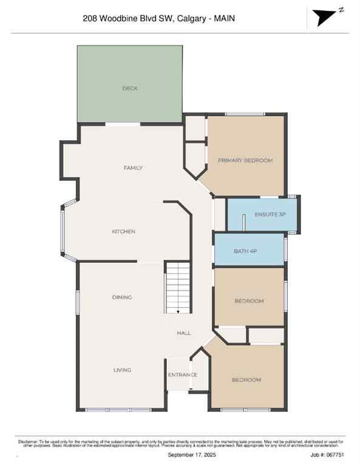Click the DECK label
130,89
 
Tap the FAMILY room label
133,168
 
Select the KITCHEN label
123,232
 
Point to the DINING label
122,297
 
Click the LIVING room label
122,370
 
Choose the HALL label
184,333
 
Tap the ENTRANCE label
183,374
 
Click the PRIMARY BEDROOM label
245,161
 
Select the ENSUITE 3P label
270,215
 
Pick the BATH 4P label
246,251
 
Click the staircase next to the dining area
178,288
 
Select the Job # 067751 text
328,454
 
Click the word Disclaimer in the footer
28,441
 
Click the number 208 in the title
90,19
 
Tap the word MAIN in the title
223,19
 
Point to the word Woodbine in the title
119,19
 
